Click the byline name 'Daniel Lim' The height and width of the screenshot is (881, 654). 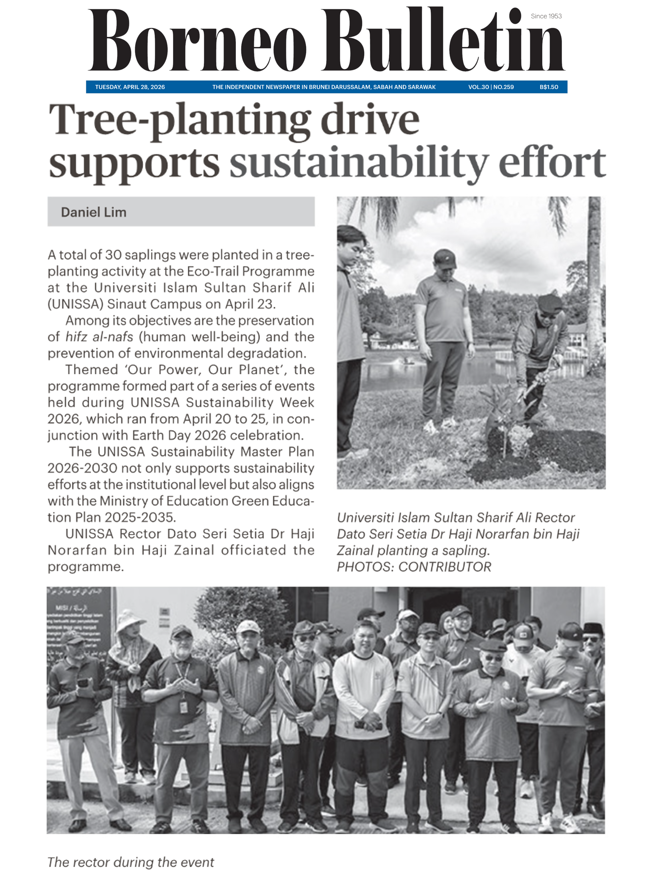(x=93, y=212)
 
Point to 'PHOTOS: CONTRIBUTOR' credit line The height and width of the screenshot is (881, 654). (x=414, y=567)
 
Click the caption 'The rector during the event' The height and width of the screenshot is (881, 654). (x=131, y=862)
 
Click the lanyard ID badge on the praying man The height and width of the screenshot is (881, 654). (x=183, y=707)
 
